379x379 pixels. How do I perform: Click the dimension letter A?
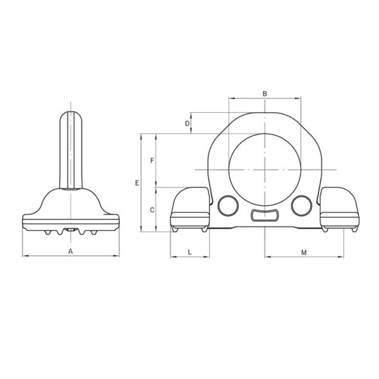pyautogui.click(x=70, y=252)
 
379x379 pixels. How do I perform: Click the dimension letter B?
pyautogui.click(x=265, y=93)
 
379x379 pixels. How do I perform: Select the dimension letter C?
pyautogui.click(x=152, y=210)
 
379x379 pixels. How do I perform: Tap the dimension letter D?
pyautogui.click(x=187, y=124)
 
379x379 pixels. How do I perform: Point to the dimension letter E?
pyautogui.click(x=137, y=183)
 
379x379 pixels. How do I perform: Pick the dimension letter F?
pyautogui.click(x=152, y=160)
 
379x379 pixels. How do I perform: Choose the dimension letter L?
pyautogui.click(x=190, y=252)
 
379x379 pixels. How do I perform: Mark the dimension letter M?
pyautogui.click(x=304, y=253)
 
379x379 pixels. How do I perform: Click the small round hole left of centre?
pyautogui.click(x=228, y=206)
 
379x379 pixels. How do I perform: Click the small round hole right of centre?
pyautogui.click(x=301, y=206)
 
